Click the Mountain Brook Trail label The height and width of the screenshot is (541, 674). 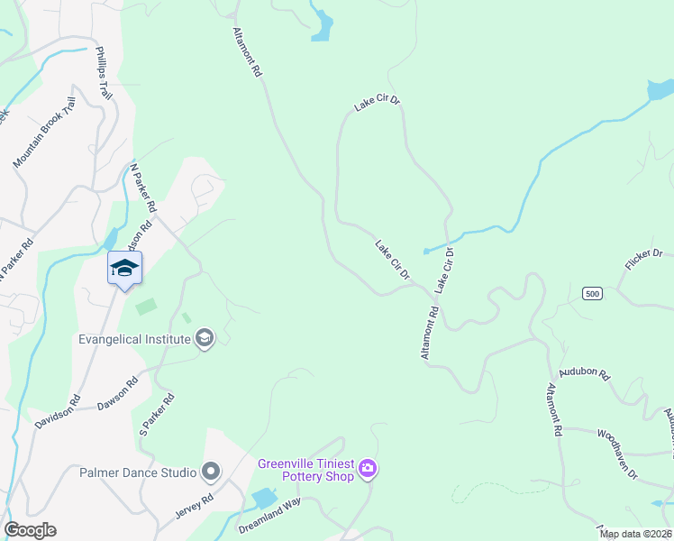pyautogui.click(x=42, y=133)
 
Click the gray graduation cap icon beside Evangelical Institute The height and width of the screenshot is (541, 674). pyautogui.click(x=205, y=338)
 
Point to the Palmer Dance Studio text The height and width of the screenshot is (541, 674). pyautogui.click(x=138, y=472)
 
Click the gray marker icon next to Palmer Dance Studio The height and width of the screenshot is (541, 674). pyautogui.click(x=211, y=472)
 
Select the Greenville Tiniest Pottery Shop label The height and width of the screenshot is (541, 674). pyautogui.click(x=305, y=470)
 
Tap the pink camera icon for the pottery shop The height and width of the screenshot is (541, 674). pyautogui.click(x=368, y=469)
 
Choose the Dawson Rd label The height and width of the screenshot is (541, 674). pyautogui.click(x=118, y=394)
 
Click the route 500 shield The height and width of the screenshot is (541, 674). pyautogui.click(x=591, y=294)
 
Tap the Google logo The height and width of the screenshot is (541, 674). pyautogui.click(x=30, y=530)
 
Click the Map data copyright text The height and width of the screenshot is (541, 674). pyautogui.click(x=636, y=534)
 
